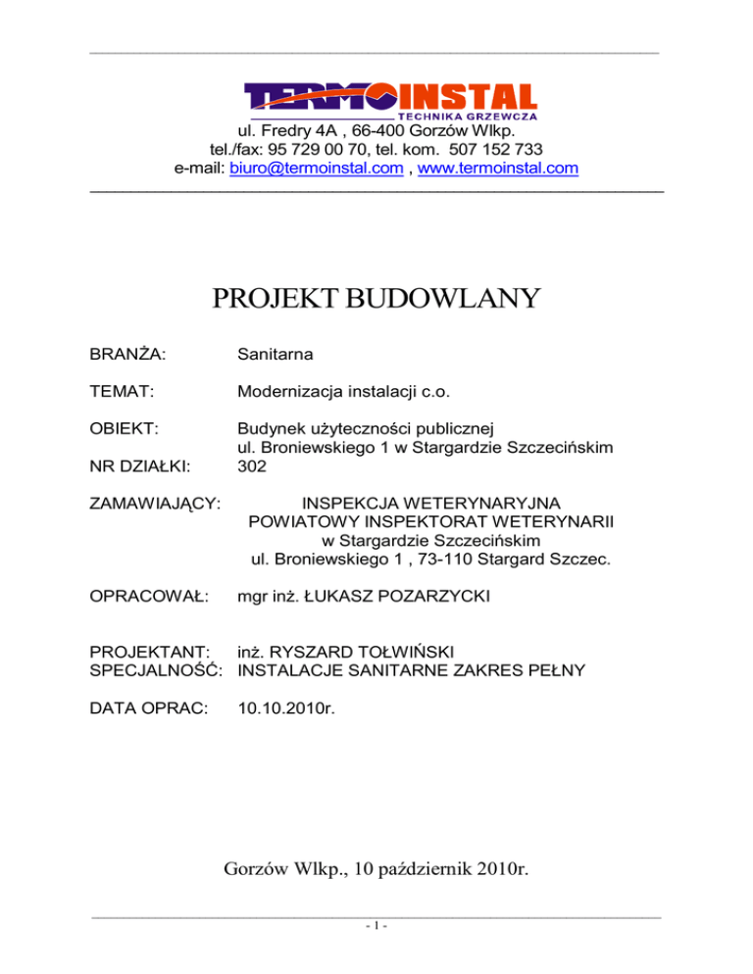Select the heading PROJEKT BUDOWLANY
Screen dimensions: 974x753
point(376,298)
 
